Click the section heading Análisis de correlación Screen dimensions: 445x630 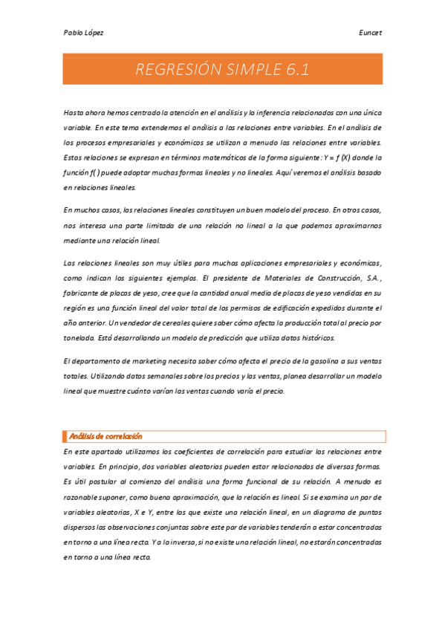[105, 436]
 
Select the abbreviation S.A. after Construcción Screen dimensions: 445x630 [369, 278]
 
